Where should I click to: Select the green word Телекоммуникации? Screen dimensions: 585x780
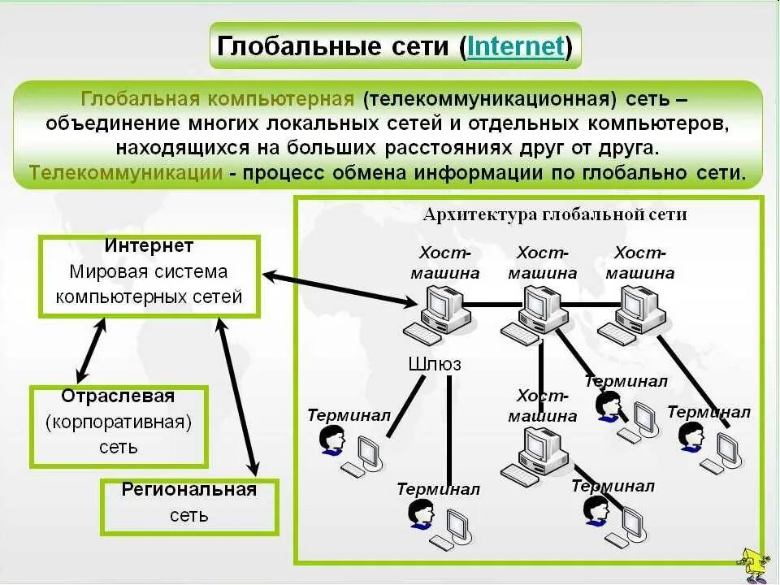[126, 173]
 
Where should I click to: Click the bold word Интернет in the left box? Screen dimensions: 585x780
[149, 245]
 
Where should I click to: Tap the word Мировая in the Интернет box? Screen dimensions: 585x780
[102, 271]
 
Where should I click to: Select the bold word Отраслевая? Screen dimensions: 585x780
[118, 396]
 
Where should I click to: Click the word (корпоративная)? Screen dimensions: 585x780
[119, 422]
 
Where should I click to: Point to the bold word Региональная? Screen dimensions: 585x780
[189, 489]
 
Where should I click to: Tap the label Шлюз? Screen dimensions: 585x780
[434, 364]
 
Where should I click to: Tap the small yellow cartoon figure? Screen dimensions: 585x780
[751, 562]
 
